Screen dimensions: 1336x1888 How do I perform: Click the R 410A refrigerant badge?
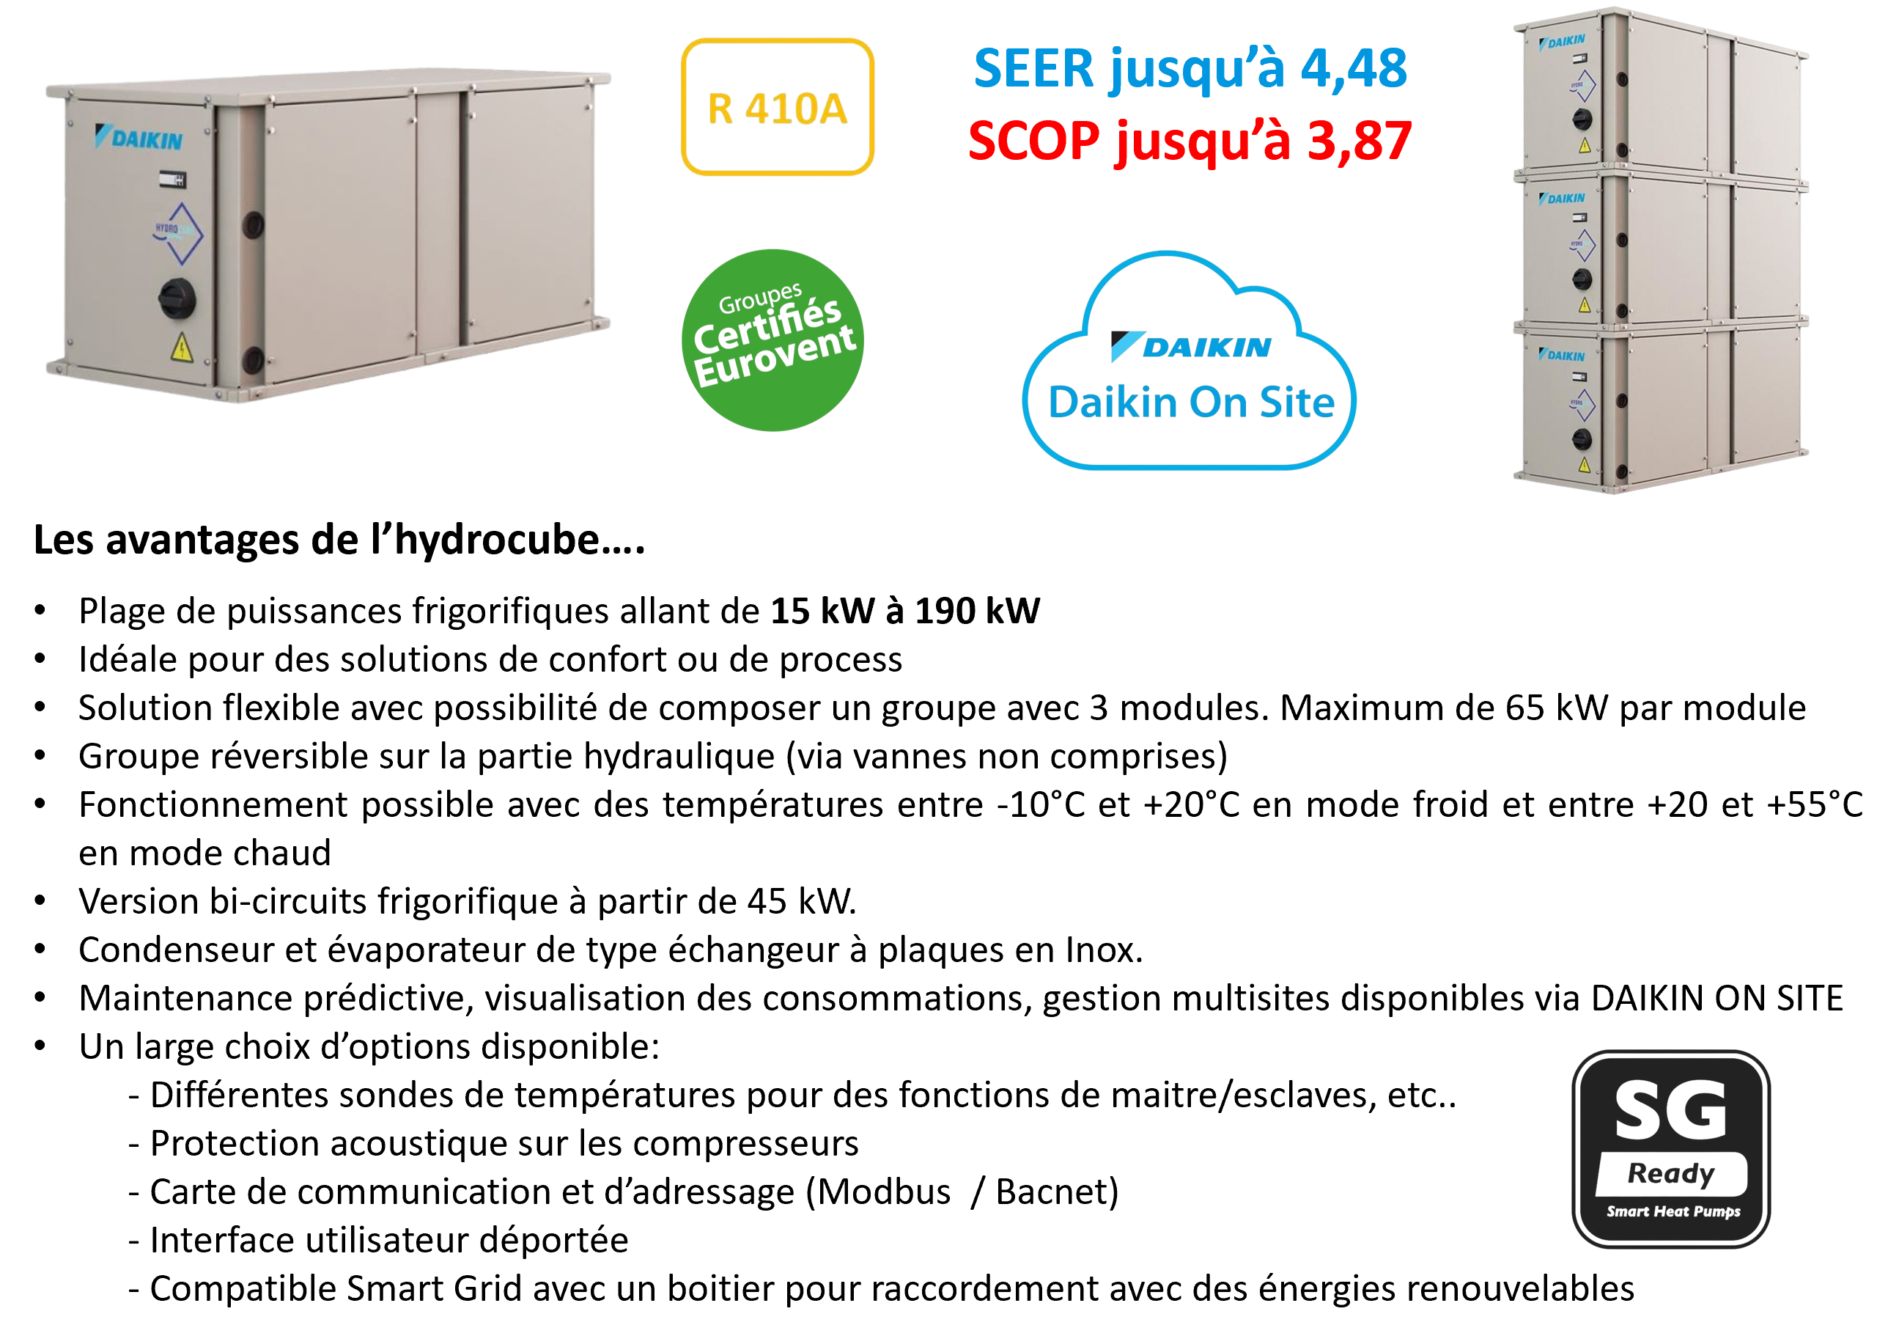pyautogui.click(x=777, y=107)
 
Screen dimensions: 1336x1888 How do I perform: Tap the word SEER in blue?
pyautogui.click(x=1033, y=68)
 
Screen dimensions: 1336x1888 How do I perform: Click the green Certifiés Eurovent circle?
pyautogui.click(x=772, y=339)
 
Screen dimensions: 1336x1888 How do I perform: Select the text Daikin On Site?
pyautogui.click(x=1191, y=403)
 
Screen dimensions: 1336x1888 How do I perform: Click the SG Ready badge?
pyautogui.click(x=1670, y=1148)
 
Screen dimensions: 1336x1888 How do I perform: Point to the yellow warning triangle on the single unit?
pyautogui.click(x=181, y=349)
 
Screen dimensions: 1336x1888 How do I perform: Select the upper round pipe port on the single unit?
pyautogui.click(x=252, y=224)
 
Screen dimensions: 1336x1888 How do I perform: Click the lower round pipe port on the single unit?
pyautogui.click(x=252, y=359)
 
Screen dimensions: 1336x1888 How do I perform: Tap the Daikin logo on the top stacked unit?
pyautogui.click(x=1562, y=41)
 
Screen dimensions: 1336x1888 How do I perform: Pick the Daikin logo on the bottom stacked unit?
pyautogui.click(x=1562, y=356)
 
